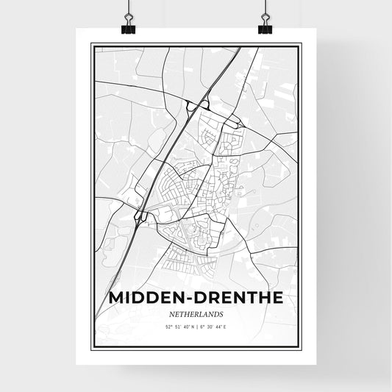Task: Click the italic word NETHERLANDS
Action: tap(196, 313)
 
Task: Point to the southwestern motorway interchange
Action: tap(140, 215)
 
